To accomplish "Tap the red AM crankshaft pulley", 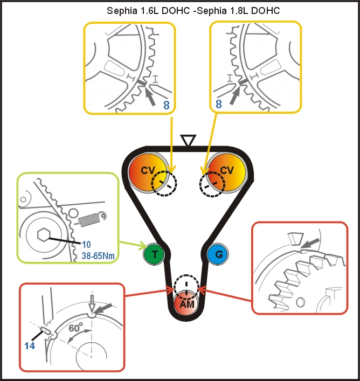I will click(186, 304).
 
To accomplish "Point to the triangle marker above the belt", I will click(187, 141).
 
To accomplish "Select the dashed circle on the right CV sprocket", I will click(212, 185).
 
